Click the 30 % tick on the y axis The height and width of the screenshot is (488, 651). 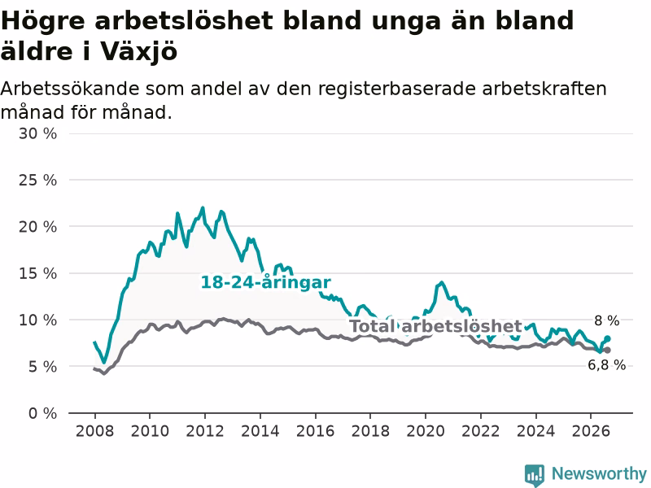37,133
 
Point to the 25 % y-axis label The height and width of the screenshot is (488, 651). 37,180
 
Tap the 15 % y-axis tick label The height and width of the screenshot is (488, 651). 37,273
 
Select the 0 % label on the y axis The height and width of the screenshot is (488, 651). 43,413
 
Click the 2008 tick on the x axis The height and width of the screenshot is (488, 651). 94,431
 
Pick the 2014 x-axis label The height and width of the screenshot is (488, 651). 260,431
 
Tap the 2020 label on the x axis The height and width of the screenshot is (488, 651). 426,431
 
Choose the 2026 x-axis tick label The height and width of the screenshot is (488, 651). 591,431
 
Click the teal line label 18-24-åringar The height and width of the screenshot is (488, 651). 266,282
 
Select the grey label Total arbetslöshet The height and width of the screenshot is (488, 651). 435,326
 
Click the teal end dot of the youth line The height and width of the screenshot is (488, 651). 607,338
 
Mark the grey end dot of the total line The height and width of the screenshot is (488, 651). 607,351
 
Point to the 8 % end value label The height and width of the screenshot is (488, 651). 606,320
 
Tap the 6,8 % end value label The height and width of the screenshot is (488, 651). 606,364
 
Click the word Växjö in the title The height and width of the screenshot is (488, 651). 138,52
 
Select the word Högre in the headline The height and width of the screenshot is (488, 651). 43,21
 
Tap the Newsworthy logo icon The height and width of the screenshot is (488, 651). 535,475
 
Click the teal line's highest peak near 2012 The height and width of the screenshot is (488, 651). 203,207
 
